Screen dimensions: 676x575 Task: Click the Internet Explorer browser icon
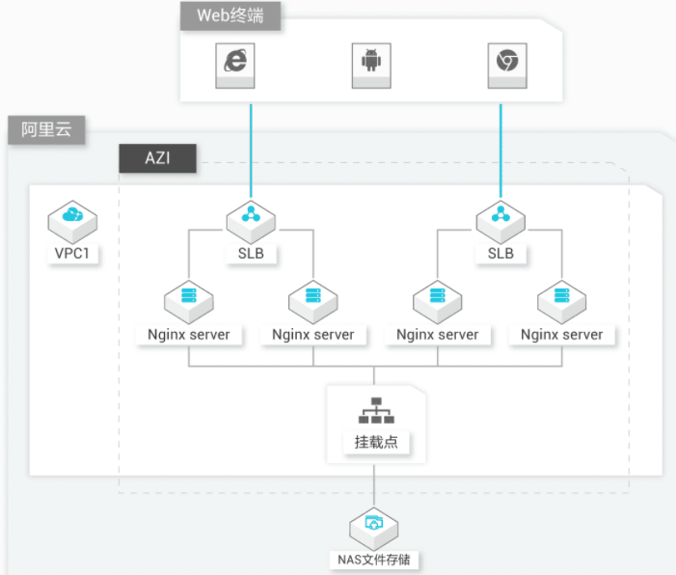click(235, 66)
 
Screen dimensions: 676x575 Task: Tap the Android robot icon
click(371, 66)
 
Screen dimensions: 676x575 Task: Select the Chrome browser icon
click(507, 66)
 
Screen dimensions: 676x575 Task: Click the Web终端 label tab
click(230, 16)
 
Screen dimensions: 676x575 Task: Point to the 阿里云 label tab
click(46, 130)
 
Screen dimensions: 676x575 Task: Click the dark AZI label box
click(157, 158)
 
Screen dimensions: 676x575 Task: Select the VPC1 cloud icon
click(72, 222)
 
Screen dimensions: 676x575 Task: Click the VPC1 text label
click(72, 253)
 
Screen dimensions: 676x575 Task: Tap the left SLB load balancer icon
click(251, 222)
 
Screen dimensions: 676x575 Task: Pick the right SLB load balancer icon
click(500, 222)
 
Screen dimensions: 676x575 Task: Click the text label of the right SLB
click(500, 253)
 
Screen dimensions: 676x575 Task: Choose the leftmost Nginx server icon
click(189, 302)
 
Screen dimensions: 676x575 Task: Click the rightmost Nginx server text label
click(562, 335)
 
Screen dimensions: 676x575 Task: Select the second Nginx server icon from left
click(313, 302)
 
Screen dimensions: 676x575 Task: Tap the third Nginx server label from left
click(438, 335)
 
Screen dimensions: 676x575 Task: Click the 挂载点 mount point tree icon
click(376, 410)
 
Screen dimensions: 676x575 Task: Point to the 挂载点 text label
click(376, 442)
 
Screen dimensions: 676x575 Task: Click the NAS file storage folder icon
click(374, 529)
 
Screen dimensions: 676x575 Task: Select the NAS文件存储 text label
click(374, 560)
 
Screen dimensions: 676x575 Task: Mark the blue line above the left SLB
click(251, 151)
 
